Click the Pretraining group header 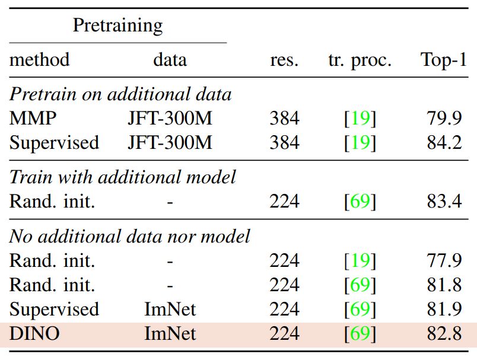117,26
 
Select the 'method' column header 40,60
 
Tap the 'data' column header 170,60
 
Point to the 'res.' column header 284,60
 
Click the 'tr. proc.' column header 360,60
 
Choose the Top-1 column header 443,60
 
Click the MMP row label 33,119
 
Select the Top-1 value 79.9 444,119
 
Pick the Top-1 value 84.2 444,143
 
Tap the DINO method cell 34,333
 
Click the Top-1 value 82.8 444,333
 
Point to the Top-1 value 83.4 444,202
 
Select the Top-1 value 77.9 444,261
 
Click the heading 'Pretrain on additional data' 120,94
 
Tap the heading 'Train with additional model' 123,177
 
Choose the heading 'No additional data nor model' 130,236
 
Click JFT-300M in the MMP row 170,119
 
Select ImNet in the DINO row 170,333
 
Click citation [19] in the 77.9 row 360,261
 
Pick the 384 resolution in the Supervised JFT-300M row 284,143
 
